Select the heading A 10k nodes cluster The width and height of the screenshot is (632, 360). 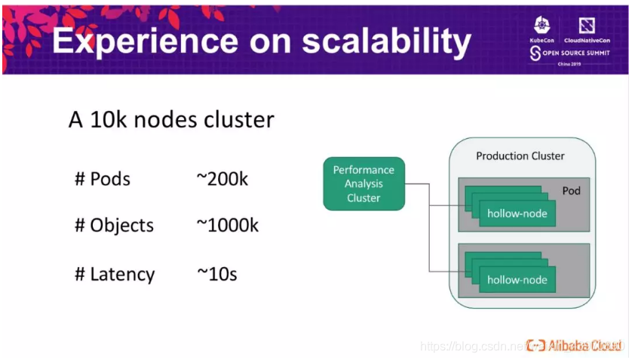[x=171, y=119]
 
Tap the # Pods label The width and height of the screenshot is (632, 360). [x=102, y=179]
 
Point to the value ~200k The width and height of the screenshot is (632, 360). [x=222, y=179]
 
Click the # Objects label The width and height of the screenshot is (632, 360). [x=114, y=225]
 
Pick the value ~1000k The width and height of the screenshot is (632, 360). [x=227, y=225]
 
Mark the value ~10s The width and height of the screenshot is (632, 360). [x=216, y=273]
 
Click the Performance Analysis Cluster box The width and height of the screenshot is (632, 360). [x=364, y=183]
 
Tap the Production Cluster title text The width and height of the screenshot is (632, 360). [x=520, y=156]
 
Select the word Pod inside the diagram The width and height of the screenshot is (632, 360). [x=572, y=191]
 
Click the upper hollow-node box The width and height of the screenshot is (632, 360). [x=517, y=214]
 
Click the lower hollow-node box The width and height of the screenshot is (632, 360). [x=517, y=280]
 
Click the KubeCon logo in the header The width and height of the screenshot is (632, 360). [x=542, y=31]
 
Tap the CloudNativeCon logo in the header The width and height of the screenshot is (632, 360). [x=588, y=31]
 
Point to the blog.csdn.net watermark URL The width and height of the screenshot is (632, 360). [x=471, y=346]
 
